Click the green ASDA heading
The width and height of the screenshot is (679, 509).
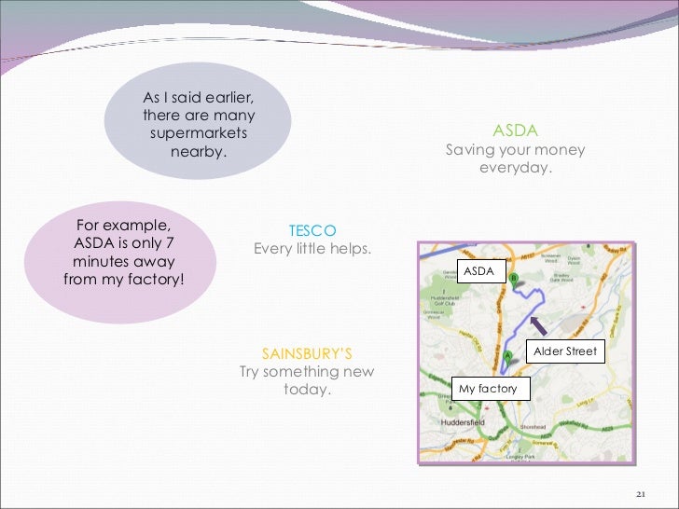click(x=515, y=131)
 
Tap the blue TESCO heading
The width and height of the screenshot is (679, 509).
click(x=312, y=230)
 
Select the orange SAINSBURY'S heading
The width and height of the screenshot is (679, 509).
click(x=307, y=353)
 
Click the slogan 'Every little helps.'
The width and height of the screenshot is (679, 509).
click(x=312, y=249)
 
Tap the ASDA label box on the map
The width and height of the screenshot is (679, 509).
click(x=478, y=270)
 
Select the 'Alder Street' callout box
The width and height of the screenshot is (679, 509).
click(x=565, y=351)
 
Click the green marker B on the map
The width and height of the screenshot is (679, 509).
click(x=513, y=278)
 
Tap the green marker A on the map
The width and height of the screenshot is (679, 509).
click(x=507, y=356)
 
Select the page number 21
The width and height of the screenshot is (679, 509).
click(x=640, y=493)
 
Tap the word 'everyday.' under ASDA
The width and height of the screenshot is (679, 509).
click(x=515, y=169)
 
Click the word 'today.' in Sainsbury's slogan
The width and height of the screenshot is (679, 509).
click(x=307, y=390)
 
